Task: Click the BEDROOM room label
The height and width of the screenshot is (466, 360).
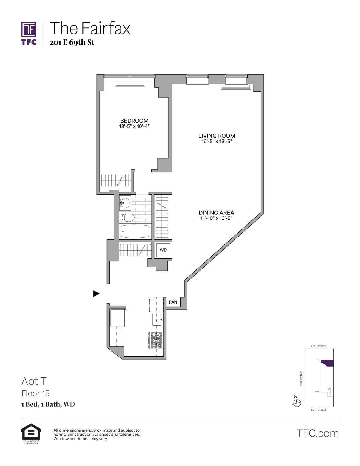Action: click(x=134, y=121)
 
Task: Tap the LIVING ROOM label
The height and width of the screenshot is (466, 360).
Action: click(x=216, y=136)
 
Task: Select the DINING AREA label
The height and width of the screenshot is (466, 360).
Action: click(x=216, y=212)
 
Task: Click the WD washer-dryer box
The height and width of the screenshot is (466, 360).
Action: click(x=163, y=250)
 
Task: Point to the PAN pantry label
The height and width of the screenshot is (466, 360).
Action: click(x=173, y=302)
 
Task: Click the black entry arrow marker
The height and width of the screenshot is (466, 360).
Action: click(x=96, y=293)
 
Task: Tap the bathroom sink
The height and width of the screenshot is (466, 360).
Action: click(x=125, y=202)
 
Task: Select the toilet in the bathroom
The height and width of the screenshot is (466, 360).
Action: click(x=127, y=218)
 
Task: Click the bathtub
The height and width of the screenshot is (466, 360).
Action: click(x=135, y=232)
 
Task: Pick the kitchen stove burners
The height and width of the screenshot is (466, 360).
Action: click(x=156, y=340)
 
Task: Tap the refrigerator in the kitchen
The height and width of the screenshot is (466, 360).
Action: click(x=118, y=317)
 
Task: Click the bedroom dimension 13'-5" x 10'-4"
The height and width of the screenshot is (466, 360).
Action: click(x=134, y=126)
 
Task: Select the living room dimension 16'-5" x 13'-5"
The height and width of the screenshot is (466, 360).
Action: click(x=216, y=141)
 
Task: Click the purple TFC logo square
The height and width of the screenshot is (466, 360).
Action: click(x=29, y=29)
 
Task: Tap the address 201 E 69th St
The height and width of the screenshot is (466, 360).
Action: click(x=72, y=42)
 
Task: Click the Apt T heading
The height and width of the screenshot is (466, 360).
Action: click(x=34, y=381)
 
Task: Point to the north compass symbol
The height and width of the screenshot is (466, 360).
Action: click(x=297, y=402)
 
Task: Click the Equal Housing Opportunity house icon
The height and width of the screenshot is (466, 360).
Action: click(x=31, y=432)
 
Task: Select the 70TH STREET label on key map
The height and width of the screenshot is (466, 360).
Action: click(x=319, y=346)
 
